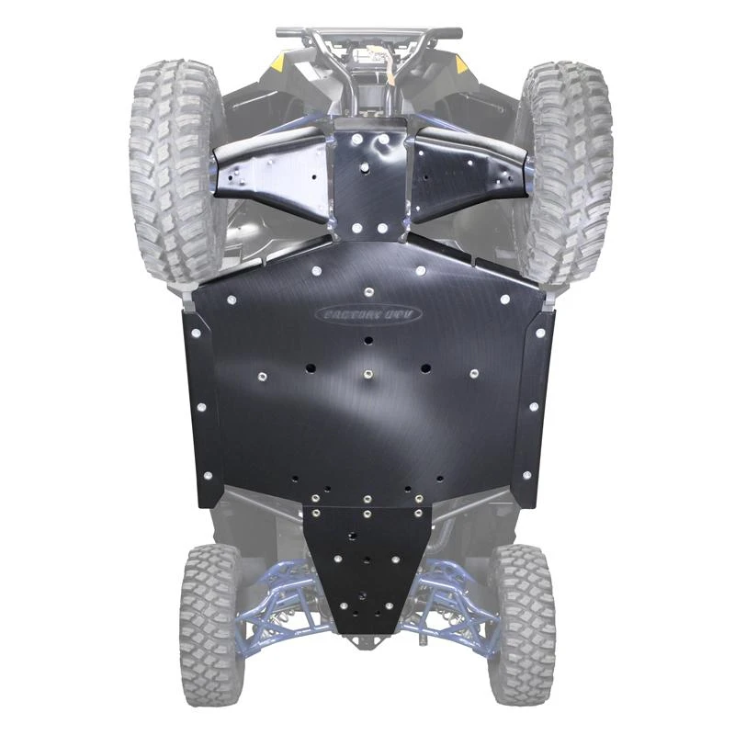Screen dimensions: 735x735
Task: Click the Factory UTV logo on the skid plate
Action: (367, 314)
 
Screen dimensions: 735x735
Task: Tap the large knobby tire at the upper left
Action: (175, 165)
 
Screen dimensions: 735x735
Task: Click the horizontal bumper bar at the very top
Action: (367, 33)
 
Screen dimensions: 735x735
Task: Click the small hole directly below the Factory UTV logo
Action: (367, 340)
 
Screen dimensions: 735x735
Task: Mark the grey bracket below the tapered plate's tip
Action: (367, 642)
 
